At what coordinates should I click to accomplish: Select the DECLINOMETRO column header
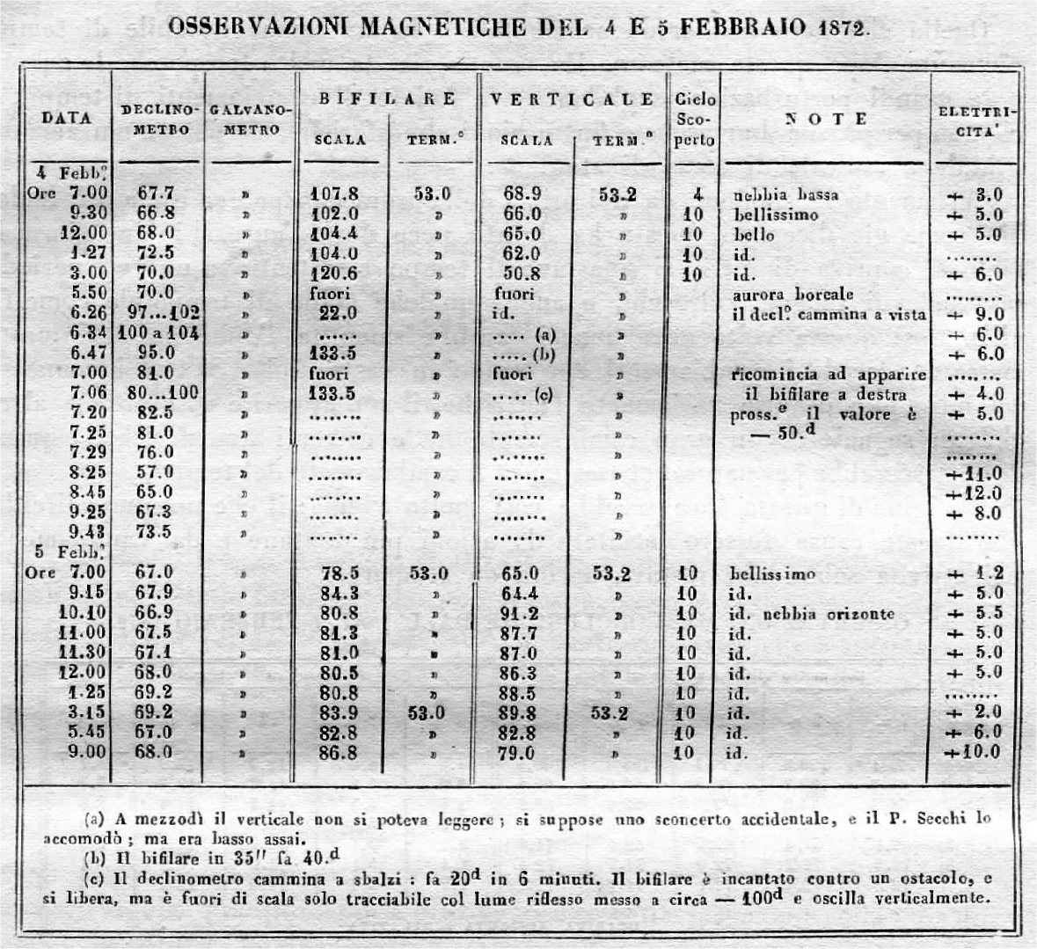point(157,119)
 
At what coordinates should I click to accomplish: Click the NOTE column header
point(826,120)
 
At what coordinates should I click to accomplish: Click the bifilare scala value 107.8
point(335,194)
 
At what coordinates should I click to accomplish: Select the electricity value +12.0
point(972,493)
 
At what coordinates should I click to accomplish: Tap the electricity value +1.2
point(972,573)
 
